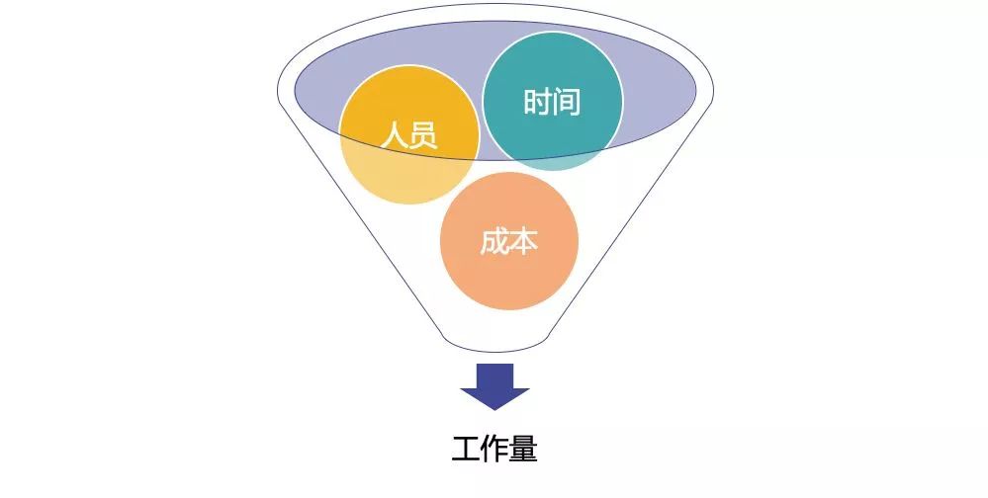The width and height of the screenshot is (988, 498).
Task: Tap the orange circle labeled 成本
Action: pos(508,241)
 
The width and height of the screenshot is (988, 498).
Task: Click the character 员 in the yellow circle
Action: pos(422,134)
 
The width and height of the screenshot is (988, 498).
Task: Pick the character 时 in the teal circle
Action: pos(537,102)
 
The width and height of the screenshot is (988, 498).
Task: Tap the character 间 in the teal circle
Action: pos(567,102)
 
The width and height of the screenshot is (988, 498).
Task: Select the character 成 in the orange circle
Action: pos(494,242)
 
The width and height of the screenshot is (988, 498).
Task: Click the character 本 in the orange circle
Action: pos(524,242)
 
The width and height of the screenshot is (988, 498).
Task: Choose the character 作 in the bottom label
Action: pos(494,450)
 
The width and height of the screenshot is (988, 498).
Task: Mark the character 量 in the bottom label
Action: pos(524,450)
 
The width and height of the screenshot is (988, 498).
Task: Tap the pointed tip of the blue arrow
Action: pos(494,406)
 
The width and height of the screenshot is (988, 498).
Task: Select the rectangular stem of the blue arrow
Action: pos(494,374)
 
